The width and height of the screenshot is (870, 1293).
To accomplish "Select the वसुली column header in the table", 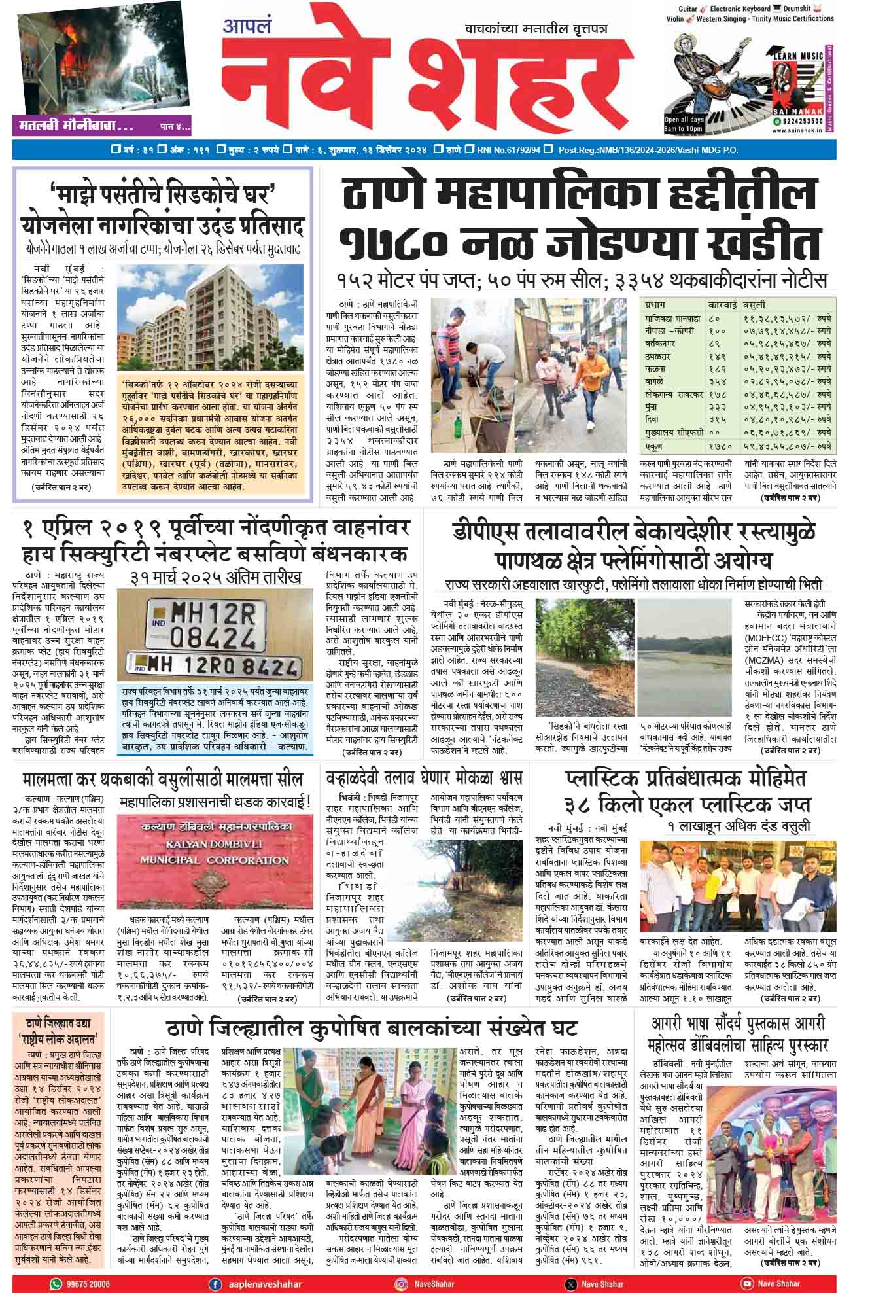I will pos(754,305).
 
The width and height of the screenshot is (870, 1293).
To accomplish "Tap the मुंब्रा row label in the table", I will pos(655,407).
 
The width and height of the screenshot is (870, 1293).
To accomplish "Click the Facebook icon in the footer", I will pos(214,1284).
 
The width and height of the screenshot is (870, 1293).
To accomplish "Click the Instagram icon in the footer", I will pos(400,1284).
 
